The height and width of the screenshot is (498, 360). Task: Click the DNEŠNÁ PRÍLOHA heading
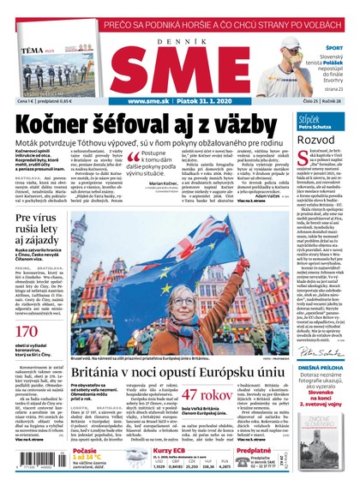[x=321, y=347]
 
